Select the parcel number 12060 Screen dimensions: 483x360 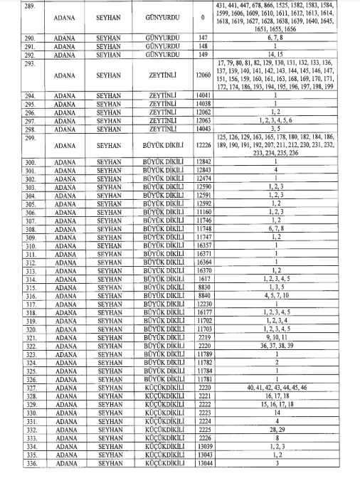pos(203,75)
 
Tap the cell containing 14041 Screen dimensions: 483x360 pos(203,95)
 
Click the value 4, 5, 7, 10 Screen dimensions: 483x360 pos(275,295)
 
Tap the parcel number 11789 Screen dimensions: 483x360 pos(203,354)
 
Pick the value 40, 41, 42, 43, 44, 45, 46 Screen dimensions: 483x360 pos(275,387)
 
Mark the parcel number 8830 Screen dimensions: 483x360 pos(203,287)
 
